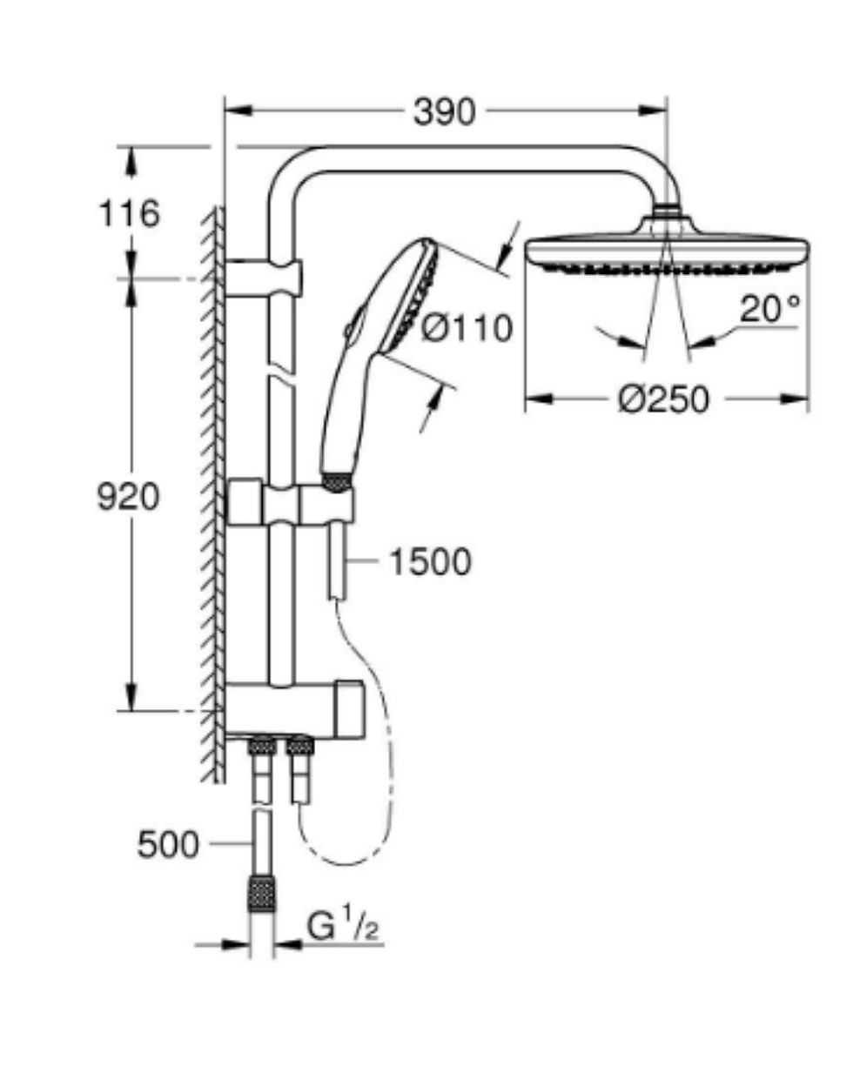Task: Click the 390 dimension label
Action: [x=444, y=111]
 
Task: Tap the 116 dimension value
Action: [x=130, y=213]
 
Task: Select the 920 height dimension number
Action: [x=128, y=497]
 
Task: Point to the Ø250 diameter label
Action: [x=663, y=399]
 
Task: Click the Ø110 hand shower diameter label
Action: [x=467, y=328]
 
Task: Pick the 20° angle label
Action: [x=769, y=309]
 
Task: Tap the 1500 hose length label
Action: [x=430, y=562]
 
